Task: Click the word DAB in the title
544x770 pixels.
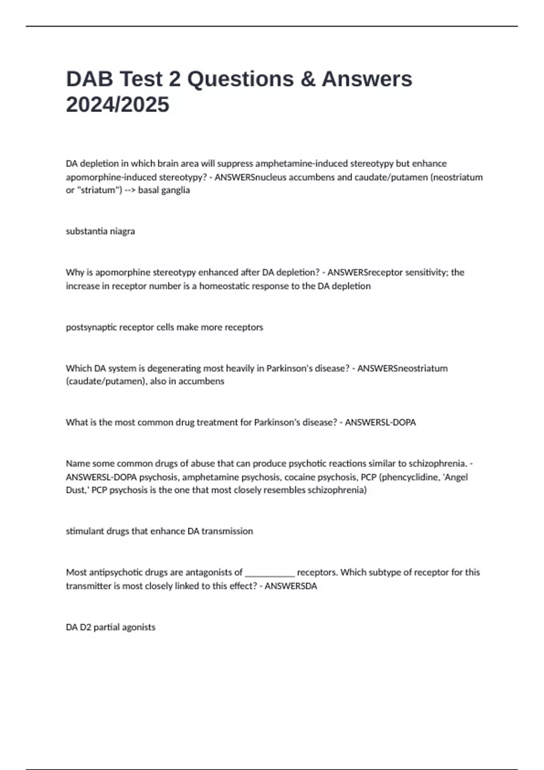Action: coord(89,79)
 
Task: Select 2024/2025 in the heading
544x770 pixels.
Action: coord(117,105)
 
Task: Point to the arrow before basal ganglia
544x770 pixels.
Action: coord(130,190)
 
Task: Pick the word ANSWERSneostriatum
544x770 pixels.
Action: coord(402,368)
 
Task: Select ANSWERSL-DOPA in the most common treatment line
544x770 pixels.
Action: coord(380,423)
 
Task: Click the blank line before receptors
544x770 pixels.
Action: coord(270,573)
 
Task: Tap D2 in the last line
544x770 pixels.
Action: coord(86,627)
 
